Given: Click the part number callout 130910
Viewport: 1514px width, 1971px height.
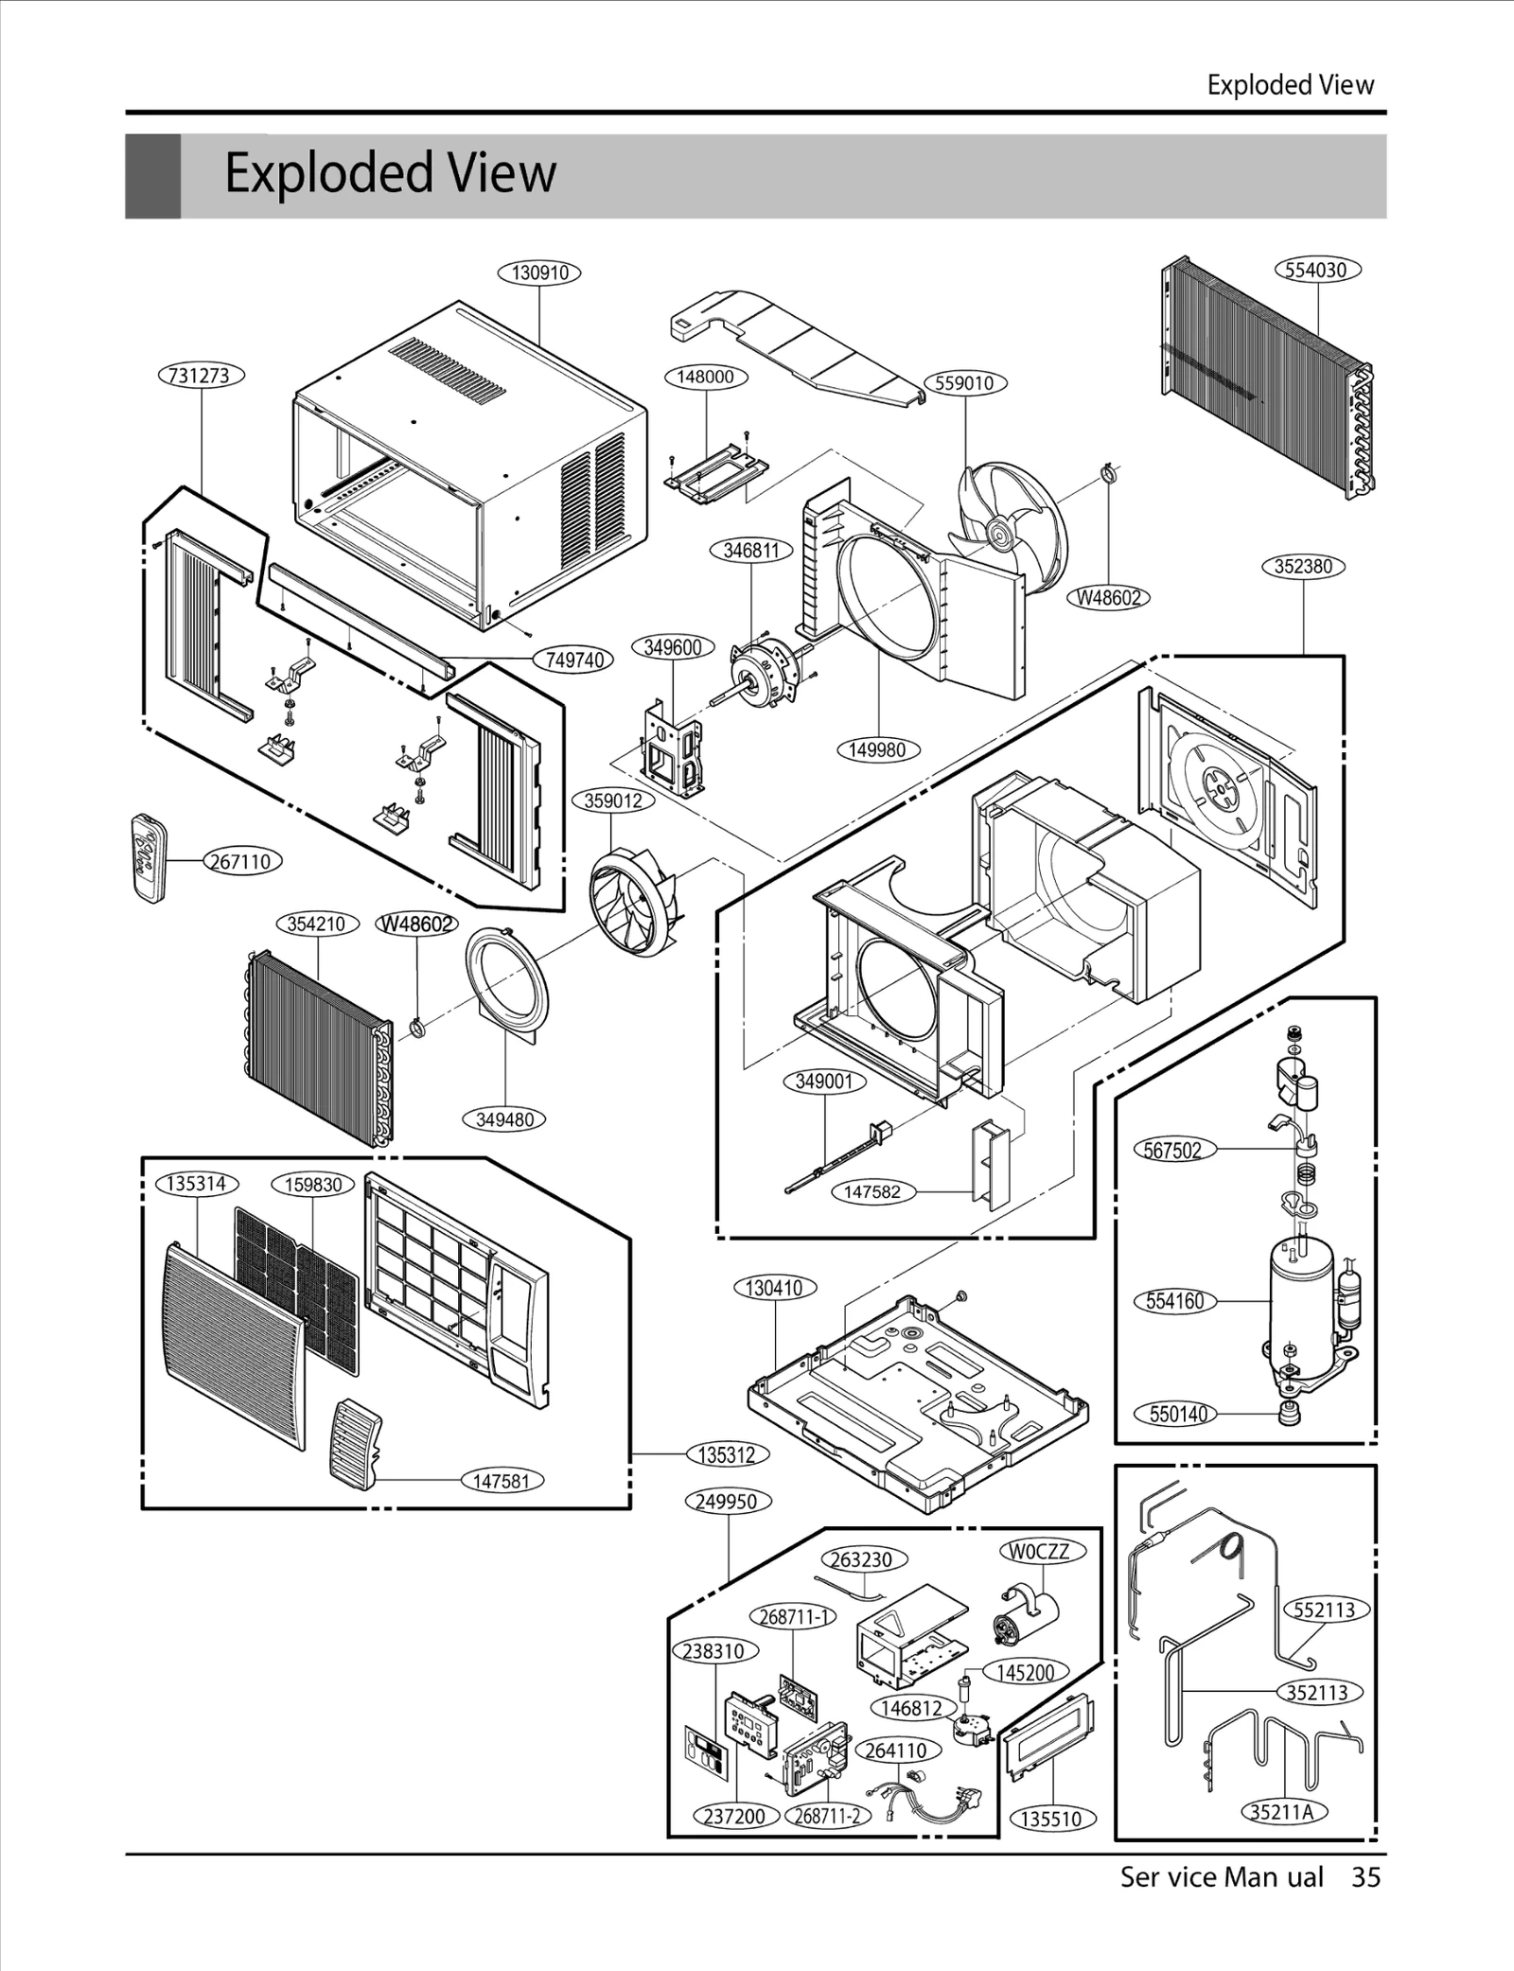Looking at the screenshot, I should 539,273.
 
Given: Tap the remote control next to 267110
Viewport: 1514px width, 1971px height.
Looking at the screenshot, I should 148,857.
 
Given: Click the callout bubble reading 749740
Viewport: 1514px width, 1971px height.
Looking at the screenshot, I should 574,660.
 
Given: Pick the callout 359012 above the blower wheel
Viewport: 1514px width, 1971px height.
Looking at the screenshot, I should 613,801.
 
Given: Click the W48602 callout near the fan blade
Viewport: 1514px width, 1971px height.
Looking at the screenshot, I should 1108,598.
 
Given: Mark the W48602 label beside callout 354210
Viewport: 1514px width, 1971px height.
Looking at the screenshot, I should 416,924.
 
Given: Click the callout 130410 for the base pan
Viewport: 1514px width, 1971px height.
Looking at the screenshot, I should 774,1288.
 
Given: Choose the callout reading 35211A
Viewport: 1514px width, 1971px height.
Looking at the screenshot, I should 1283,1811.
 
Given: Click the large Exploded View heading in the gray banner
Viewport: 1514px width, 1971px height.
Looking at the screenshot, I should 390,174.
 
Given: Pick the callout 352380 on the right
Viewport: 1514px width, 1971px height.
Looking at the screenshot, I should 1303,567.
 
